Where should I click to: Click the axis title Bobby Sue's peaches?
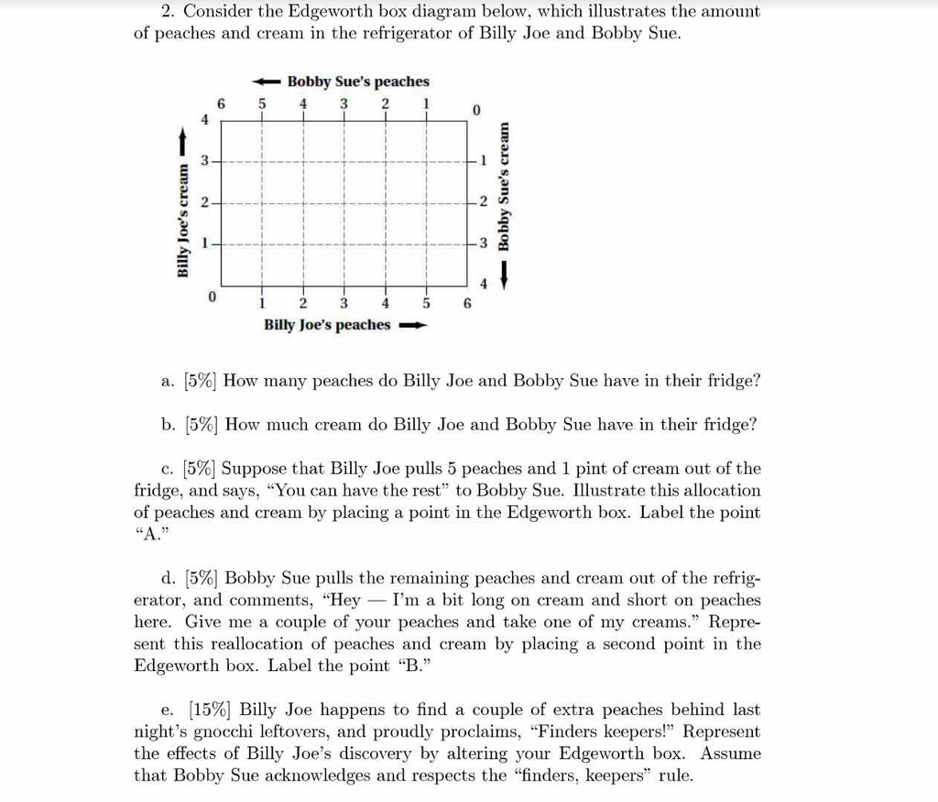pyautogui.click(x=358, y=81)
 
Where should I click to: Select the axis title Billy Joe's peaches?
pyautogui.click(x=327, y=325)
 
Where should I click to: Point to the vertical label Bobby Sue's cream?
pyautogui.click(x=502, y=186)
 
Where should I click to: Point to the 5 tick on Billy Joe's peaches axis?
pyautogui.click(x=426, y=303)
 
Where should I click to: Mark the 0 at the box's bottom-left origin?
pyautogui.click(x=212, y=298)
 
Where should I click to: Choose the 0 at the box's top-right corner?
pyautogui.click(x=474, y=110)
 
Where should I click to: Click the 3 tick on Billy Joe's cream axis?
pyautogui.click(x=206, y=160)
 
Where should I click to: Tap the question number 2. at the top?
pyautogui.click(x=168, y=12)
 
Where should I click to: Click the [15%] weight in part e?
pyautogui.click(x=210, y=710)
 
